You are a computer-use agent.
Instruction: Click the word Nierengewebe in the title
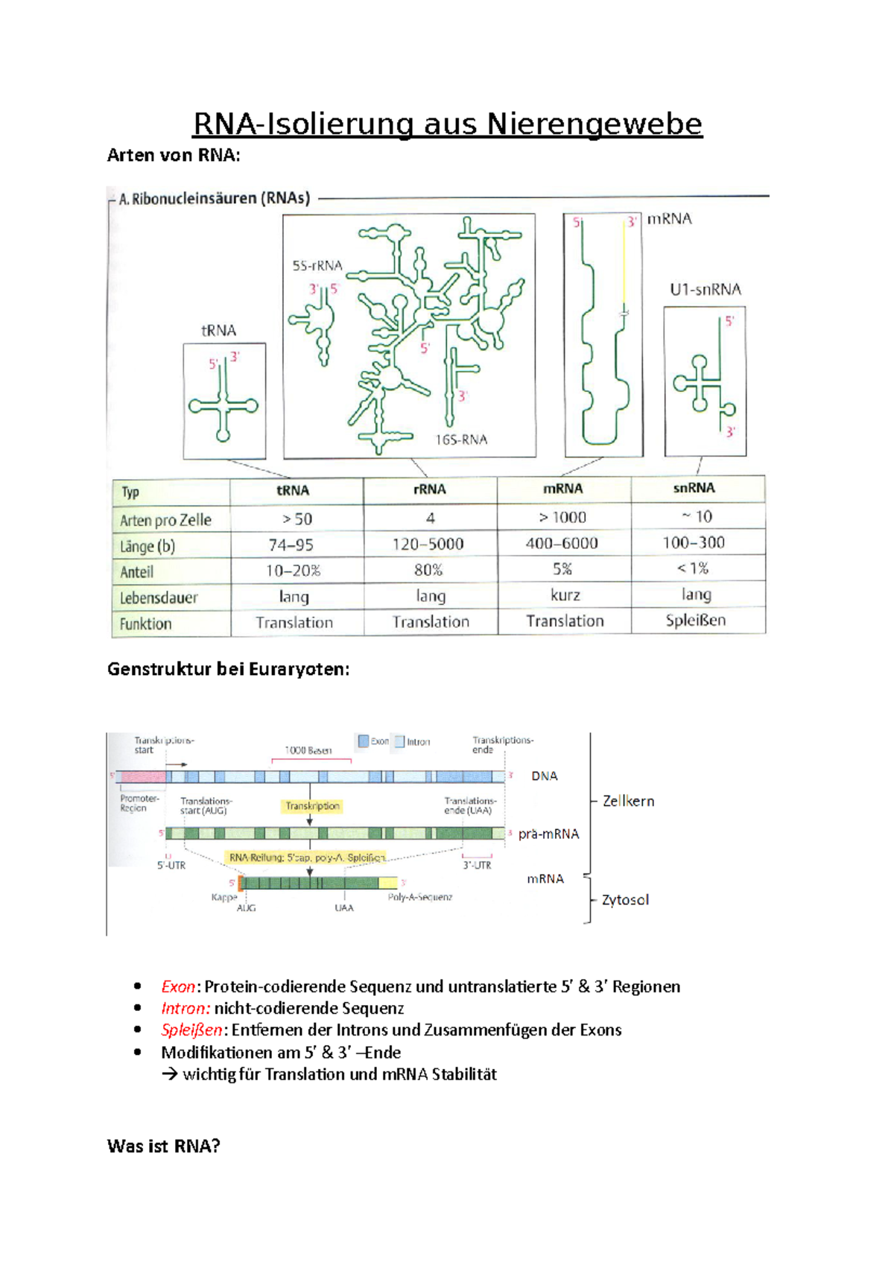pos(594,124)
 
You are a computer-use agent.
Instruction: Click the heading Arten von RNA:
pos(174,156)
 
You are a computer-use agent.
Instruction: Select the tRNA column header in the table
pos(293,490)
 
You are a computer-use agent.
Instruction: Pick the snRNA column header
pos(694,488)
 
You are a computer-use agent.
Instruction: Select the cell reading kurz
pos(565,595)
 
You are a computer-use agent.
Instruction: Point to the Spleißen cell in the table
pos(695,620)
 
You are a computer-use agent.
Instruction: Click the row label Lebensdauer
pos(159,597)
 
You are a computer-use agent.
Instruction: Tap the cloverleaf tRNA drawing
pos(223,405)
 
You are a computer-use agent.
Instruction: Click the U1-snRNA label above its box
pos(705,290)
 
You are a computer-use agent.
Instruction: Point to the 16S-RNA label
pos(461,440)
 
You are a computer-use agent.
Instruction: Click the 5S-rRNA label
pos(317,266)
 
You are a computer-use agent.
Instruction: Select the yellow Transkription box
pos(312,806)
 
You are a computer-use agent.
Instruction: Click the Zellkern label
pos(628,802)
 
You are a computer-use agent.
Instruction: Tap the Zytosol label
pos(625,900)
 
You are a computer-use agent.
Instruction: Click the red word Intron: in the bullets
pos(186,1009)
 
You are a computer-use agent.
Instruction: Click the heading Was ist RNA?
pos(164,1146)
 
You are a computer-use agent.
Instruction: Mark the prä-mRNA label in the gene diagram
pos(548,834)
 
